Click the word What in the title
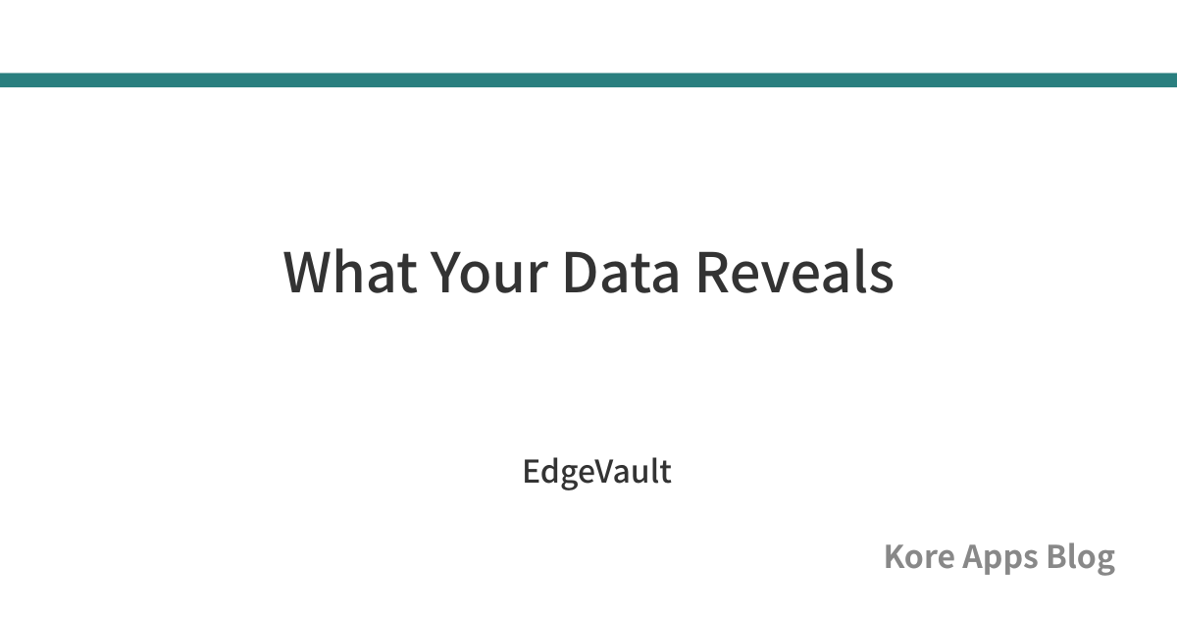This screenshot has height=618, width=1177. [350, 272]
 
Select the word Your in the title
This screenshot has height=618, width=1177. [489, 272]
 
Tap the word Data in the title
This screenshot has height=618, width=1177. [622, 272]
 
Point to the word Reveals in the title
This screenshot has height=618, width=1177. [795, 272]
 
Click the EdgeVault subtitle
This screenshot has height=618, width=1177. [597, 473]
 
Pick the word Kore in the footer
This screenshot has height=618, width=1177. [919, 556]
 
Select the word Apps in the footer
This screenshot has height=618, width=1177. [999, 558]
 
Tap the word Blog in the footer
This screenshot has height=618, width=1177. [1081, 558]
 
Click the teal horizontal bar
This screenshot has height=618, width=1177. [588, 79]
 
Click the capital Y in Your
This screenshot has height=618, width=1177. [448, 272]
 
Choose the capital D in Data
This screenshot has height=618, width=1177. [580, 272]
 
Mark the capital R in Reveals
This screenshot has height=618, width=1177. [714, 272]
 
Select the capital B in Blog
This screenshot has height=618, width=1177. [1056, 556]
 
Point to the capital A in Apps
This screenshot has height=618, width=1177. [974, 556]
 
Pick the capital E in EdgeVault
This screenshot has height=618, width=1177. [532, 471]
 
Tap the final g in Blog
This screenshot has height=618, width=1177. [1105, 563]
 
